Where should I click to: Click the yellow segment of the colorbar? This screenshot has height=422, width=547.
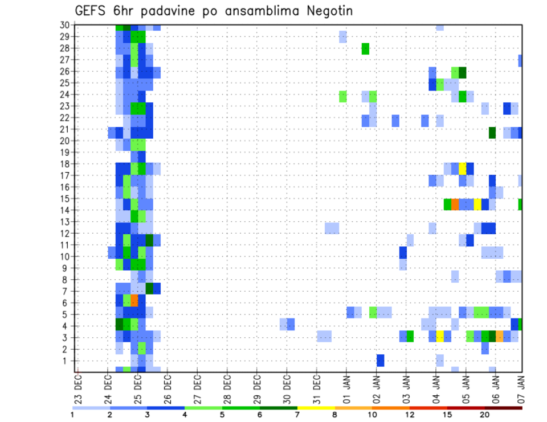(316, 408)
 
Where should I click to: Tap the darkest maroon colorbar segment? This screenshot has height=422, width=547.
(504, 408)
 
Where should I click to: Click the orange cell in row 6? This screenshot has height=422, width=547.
(134, 300)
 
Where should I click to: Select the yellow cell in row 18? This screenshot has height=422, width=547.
(463, 169)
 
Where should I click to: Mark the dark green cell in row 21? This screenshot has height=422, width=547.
(492, 133)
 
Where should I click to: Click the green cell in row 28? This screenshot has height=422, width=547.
(365, 49)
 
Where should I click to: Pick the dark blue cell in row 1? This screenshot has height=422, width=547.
(380, 361)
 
